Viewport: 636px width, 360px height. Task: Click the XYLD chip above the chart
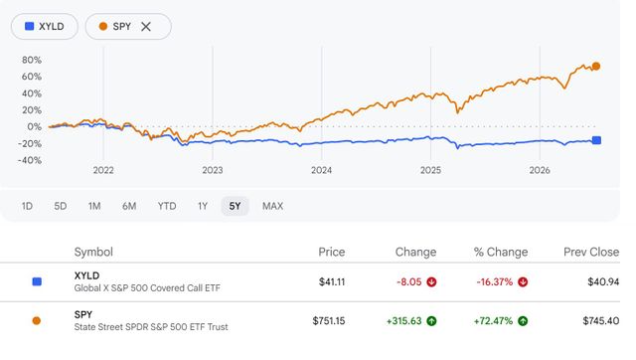45,27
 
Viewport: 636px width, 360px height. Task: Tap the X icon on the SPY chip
146,27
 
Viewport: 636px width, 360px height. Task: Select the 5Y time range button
235,206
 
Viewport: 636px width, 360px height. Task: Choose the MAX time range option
272,206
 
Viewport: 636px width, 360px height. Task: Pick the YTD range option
167,206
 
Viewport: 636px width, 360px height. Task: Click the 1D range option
27,206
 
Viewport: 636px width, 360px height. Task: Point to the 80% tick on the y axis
32,60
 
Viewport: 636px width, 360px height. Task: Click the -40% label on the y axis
30,160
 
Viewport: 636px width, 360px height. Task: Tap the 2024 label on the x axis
321,170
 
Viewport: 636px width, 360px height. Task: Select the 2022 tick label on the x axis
103,170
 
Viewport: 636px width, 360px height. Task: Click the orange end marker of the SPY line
596,67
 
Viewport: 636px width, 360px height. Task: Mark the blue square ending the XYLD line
596,140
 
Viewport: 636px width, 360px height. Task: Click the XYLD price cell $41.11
332,282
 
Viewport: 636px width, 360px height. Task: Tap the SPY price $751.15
329,321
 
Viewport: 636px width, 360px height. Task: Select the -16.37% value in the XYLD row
495,282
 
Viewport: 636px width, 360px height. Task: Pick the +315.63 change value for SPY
404,321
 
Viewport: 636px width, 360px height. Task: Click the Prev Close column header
591,252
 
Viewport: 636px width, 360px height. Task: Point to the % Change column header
501,252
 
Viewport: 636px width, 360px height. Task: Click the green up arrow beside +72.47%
523,321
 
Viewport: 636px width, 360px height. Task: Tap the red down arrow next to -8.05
431,282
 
